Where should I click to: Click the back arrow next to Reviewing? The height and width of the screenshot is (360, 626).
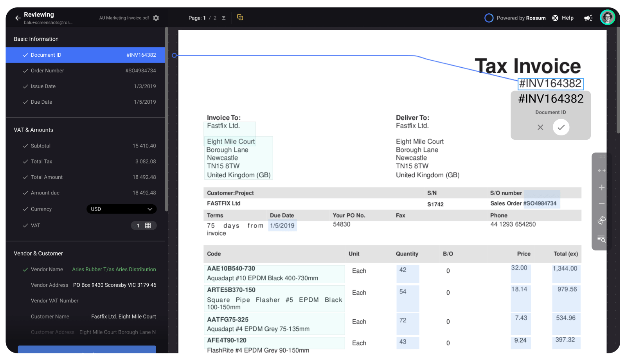point(18,18)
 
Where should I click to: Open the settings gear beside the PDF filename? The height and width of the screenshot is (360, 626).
point(156,18)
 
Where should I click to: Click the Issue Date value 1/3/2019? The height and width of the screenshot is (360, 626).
point(145,86)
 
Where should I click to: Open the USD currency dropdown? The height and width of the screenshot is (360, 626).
point(121,209)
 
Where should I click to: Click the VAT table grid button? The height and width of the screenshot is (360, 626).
point(148,226)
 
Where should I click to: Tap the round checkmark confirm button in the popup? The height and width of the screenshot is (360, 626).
point(561,127)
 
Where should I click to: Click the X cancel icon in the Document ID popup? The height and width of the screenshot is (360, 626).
point(540,127)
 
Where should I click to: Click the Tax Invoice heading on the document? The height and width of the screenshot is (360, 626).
point(527,66)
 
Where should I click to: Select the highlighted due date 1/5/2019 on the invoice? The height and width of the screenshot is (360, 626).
point(282,226)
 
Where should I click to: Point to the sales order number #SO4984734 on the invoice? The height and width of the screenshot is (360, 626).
point(540,203)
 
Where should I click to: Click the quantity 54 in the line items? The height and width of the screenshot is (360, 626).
point(403,292)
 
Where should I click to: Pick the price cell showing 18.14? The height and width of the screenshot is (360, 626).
point(519,290)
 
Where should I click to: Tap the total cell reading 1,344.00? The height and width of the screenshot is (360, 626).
point(565,268)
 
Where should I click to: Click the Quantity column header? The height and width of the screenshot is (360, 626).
point(407,254)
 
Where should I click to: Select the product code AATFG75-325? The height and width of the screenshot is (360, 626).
point(228,320)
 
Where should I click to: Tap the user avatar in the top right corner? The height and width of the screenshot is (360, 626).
point(607,17)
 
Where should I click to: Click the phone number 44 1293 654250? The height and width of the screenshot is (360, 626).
point(513,224)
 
